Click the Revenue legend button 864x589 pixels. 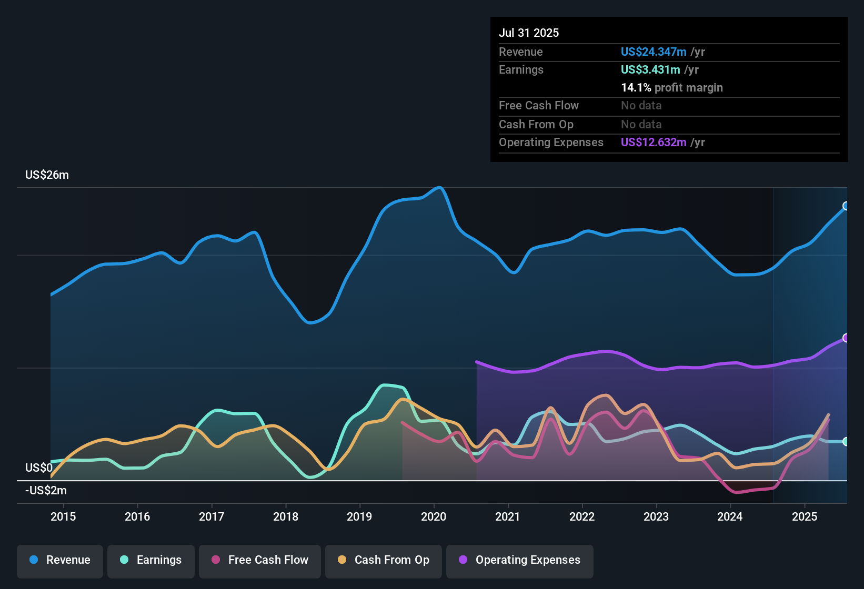coord(60,560)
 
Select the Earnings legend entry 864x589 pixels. coord(151,560)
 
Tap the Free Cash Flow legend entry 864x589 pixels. coord(260,560)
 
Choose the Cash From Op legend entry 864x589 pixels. coord(384,560)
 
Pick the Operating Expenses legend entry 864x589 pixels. coord(519,560)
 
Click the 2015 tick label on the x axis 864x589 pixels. coord(63,517)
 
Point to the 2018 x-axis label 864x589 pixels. coord(286,517)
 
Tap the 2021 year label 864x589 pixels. coord(508,517)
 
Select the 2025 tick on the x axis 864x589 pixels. coord(805,517)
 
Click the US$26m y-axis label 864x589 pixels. coord(47,175)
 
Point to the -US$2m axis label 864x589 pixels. coord(46,491)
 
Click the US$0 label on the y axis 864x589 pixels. coord(39,468)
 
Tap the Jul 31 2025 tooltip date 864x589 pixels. coord(529,33)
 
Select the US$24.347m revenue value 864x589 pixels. coord(654,52)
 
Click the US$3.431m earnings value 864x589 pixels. coord(650,69)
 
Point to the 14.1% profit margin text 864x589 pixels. coord(671,88)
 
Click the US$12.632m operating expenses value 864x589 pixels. coord(654,142)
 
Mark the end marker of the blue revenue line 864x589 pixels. coord(846,206)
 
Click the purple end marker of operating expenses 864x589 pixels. coord(846,338)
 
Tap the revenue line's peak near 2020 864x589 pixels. coord(439,187)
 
